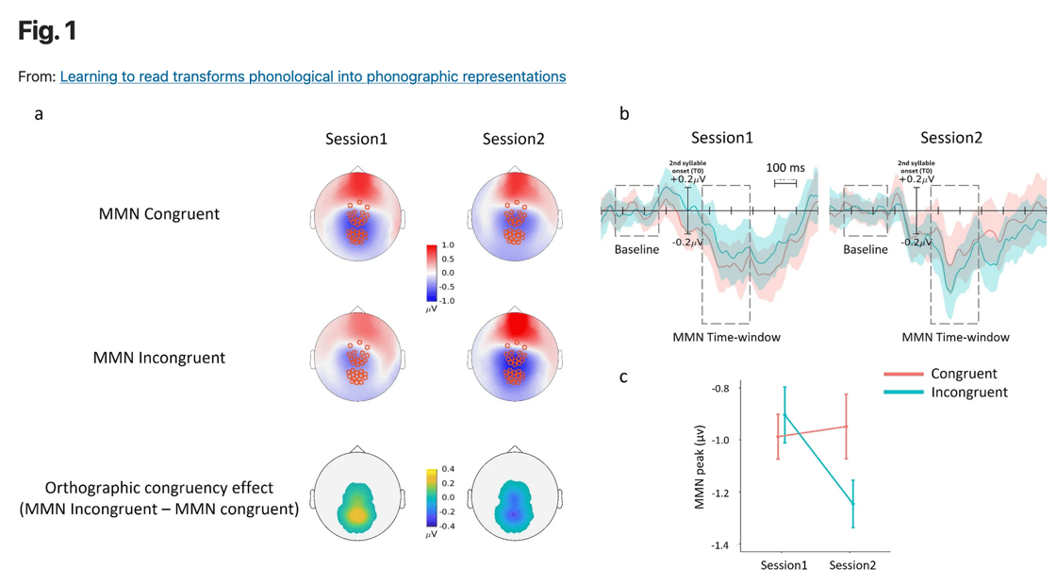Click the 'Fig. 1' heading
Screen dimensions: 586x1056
click(47, 32)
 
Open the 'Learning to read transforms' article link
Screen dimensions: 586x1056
click(312, 76)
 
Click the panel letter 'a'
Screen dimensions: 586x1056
click(39, 114)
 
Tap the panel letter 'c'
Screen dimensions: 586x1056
click(623, 377)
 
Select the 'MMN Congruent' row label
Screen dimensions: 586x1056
click(158, 214)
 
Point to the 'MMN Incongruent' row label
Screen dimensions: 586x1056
click(158, 358)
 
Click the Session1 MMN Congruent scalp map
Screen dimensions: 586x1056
click(356, 216)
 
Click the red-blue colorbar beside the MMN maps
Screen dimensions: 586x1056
click(432, 273)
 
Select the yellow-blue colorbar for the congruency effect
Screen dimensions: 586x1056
click(431, 496)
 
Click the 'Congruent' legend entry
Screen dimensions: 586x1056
click(964, 374)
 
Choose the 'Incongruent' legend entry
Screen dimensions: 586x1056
click(969, 393)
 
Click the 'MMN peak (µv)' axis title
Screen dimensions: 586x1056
click(700, 466)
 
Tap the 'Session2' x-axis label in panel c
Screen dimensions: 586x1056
click(853, 565)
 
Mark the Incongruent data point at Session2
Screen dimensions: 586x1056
click(853, 503)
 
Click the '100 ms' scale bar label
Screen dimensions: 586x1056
click(784, 168)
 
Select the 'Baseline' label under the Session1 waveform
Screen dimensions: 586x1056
click(636, 250)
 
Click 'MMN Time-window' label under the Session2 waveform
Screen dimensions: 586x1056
click(955, 337)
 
